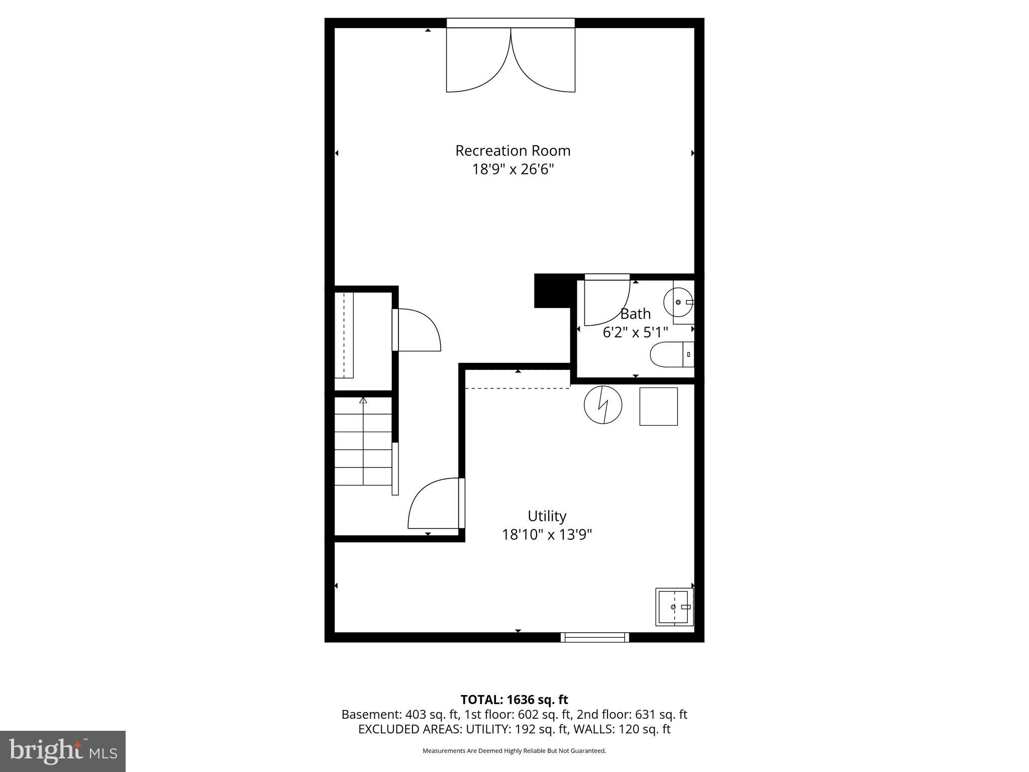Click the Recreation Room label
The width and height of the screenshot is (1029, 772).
click(x=512, y=150)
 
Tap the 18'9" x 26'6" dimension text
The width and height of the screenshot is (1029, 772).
click(x=512, y=169)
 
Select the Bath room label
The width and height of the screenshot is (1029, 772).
click(x=636, y=314)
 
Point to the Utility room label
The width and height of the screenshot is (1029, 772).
click(x=547, y=516)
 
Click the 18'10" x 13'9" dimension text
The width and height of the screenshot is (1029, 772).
click(x=547, y=534)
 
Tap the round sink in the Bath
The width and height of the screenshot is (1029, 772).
click(x=678, y=302)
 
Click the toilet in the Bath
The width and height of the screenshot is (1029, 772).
click(x=671, y=354)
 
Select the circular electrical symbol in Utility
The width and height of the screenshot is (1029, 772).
click(x=603, y=405)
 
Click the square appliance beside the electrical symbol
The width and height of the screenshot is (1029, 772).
click(x=658, y=406)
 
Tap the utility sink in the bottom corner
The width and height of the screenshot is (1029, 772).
click(x=674, y=607)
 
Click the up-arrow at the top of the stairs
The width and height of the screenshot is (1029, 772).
click(x=363, y=401)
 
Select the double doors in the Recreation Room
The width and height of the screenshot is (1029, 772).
click(x=510, y=60)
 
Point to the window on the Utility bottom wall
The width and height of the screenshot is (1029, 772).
click(x=595, y=637)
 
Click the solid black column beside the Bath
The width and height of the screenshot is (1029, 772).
click(x=553, y=291)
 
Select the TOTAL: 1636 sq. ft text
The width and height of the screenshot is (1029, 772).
click(x=514, y=700)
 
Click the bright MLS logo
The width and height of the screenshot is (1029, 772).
click(x=63, y=751)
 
